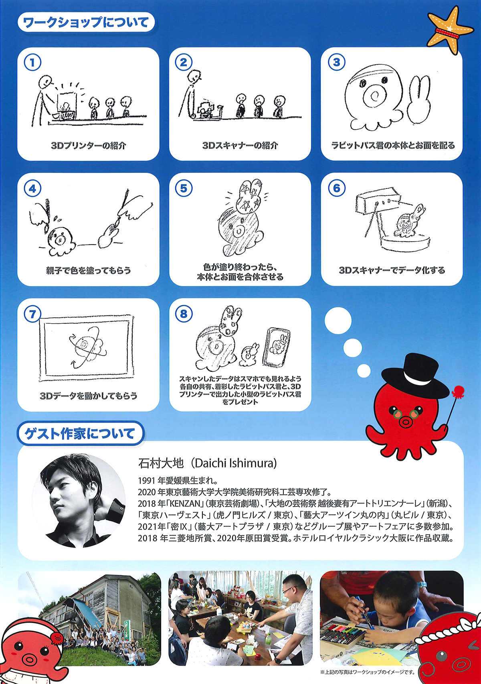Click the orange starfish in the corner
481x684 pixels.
coord(450,30)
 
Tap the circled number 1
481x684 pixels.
coord(32,63)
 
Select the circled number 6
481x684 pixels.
coord(337,188)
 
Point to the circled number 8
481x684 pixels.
coord(184,314)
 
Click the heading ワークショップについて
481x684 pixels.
coord(86,22)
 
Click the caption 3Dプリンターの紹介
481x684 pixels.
coord(89,146)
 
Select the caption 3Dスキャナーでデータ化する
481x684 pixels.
coord(392,270)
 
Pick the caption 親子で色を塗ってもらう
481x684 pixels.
coord(89,270)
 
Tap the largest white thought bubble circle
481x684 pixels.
coord(338,321)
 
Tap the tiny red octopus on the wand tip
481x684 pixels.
coord(458,392)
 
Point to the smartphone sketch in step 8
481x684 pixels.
coord(277,347)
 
